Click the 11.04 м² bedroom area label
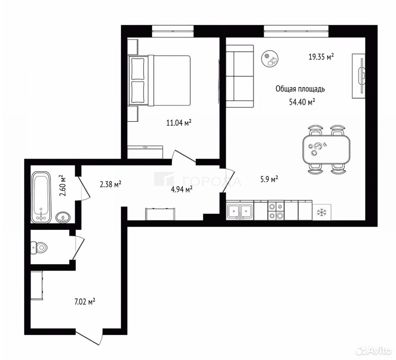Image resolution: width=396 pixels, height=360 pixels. point(178,123)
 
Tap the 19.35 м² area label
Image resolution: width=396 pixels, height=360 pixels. point(321,57)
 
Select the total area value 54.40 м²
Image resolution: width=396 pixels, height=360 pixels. point(302,102)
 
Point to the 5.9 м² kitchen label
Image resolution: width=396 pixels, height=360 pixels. point(269,179)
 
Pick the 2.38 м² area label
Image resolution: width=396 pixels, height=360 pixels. point(111,184)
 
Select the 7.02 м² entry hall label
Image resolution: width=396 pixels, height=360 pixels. point(85,301)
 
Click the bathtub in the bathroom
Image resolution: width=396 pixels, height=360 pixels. point(41,197)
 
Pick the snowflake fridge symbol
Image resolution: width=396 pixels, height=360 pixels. point(321,212)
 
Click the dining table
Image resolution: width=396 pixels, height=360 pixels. point(326,149)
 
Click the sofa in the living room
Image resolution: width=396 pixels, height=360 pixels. point(239,76)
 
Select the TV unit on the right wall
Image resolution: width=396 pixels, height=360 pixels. point(358,76)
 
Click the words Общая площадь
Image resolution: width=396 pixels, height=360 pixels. point(300,89)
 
